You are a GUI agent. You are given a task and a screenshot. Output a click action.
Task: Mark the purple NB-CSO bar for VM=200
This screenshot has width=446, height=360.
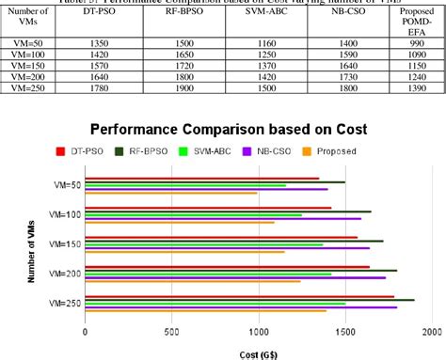pyautogui.click(x=235, y=278)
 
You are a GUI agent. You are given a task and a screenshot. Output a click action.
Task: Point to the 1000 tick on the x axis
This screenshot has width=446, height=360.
pyautogui.click(x=259, y=332)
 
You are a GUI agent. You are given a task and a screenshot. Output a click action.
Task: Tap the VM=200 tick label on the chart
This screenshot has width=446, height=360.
pyautogui.click(x=62, y=273)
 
